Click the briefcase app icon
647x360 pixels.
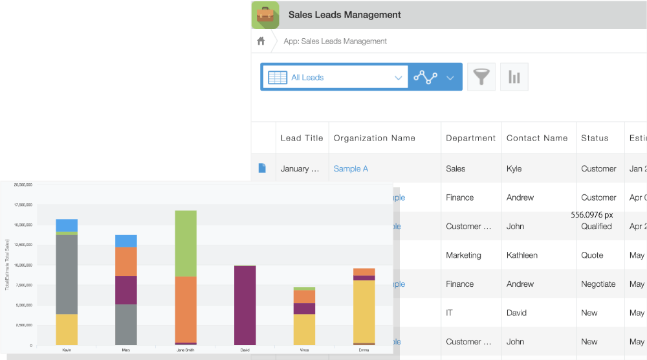(x=265, y=15)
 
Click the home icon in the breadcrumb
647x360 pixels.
(x=261, y=41)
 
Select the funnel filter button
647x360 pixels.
(x=481, y=77)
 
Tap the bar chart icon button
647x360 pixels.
(x=514, y=77)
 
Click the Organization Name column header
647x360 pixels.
(x=374, y=138)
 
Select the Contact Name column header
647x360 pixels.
(x=537, y=138)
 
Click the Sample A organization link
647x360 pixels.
(x=351, y=168)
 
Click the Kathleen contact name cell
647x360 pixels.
(x=521, y=255)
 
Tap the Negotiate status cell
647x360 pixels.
(x=598, y=284)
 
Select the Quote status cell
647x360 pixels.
(x=592, y=255)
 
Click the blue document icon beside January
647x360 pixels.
(x=262, y=168)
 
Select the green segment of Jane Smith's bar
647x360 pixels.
(x=186, y=243)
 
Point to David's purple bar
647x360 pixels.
(x=245, y=305)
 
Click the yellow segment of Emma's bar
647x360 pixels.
(x=364, y=311)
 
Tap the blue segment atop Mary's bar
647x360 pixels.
(x=126, y=241)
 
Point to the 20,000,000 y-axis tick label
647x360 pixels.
(x=23, y=185)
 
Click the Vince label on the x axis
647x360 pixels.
(x=304, y=349)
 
